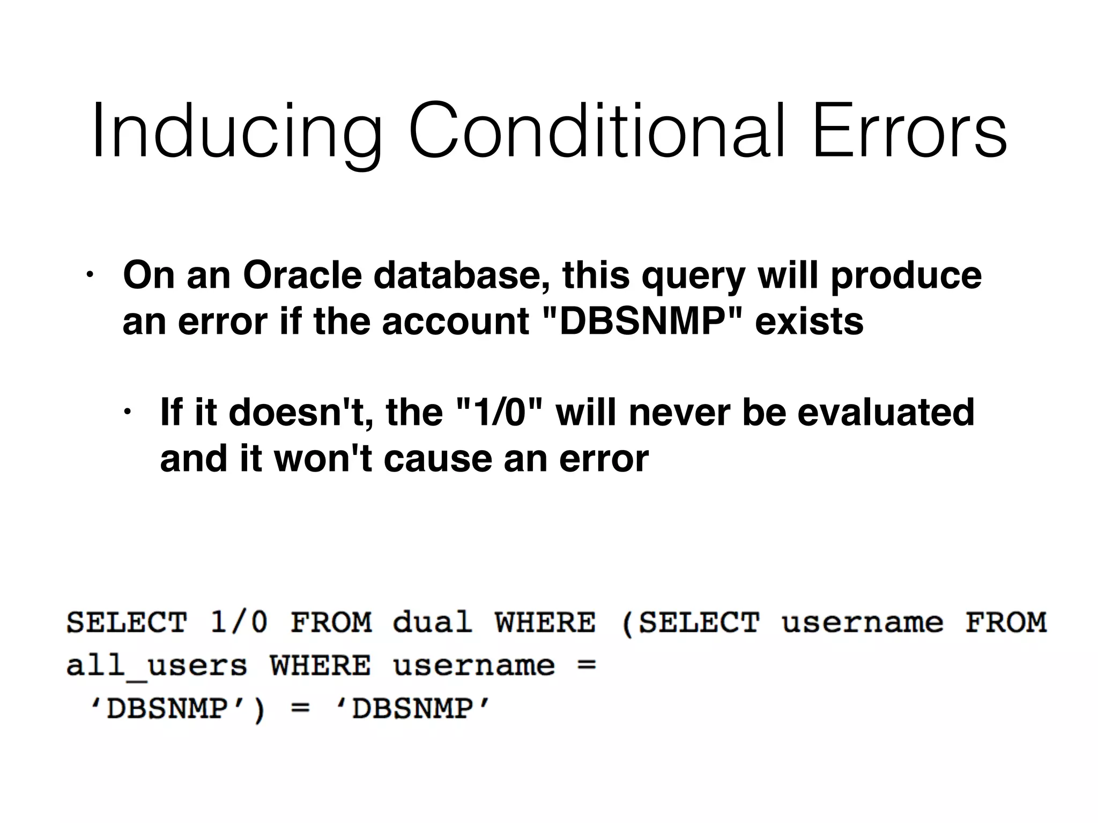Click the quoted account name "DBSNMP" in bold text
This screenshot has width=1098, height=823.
tap(642, 321)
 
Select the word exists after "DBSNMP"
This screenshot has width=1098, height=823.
tap(809, 321)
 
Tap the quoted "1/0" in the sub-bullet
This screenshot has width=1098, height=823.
tap(499, 412)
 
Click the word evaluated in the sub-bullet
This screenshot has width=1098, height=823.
tap(886, 412)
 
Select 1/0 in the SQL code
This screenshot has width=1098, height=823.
tap(239, 623)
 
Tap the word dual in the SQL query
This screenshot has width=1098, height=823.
tap(432, 623)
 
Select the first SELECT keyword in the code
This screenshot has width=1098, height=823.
tap(127, 623)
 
